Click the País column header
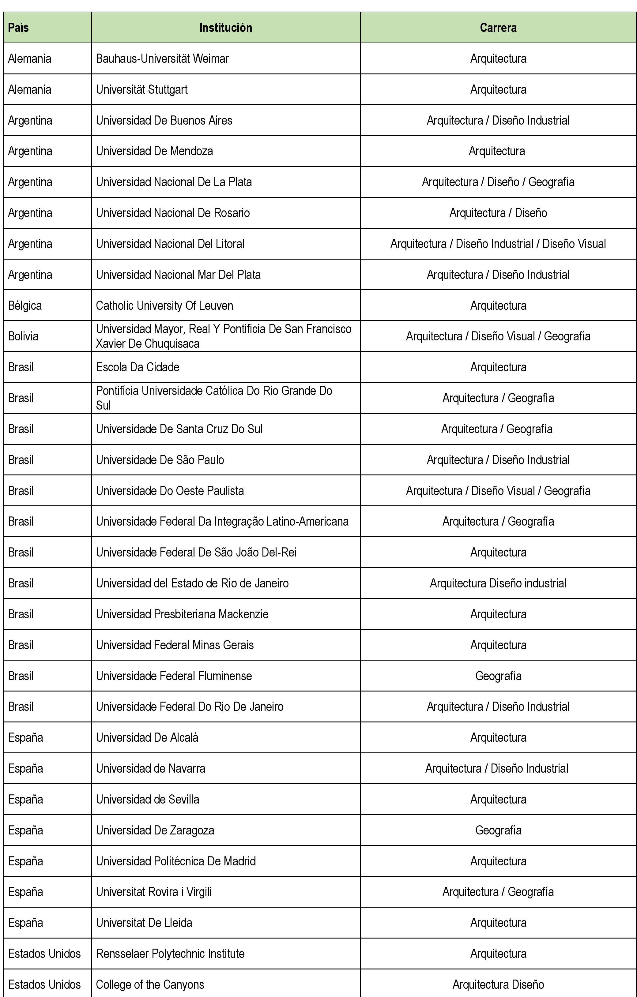click(x=19, y=28)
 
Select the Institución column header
click(x=226, y=28)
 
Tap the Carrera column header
click(x=498, y=28)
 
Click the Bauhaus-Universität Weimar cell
click(x=162, y=59)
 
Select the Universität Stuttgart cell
click(x=142, y=89)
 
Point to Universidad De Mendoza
click(x=154, y=151)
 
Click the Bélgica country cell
click(x=25, y=305)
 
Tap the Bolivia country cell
click(x=23, y=336)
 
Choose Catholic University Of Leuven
click(x=164, y=305)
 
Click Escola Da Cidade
click(x=138, y=367)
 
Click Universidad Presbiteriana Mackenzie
click(x=182, y=614)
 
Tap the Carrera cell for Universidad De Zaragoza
click(x=498, y=830)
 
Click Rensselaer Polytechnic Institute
click(x=170, y=954)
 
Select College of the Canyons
click(x=150, y=984)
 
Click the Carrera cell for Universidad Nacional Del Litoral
click(x=498, y=244)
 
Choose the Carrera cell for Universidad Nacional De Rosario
click(x=498, y=213)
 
